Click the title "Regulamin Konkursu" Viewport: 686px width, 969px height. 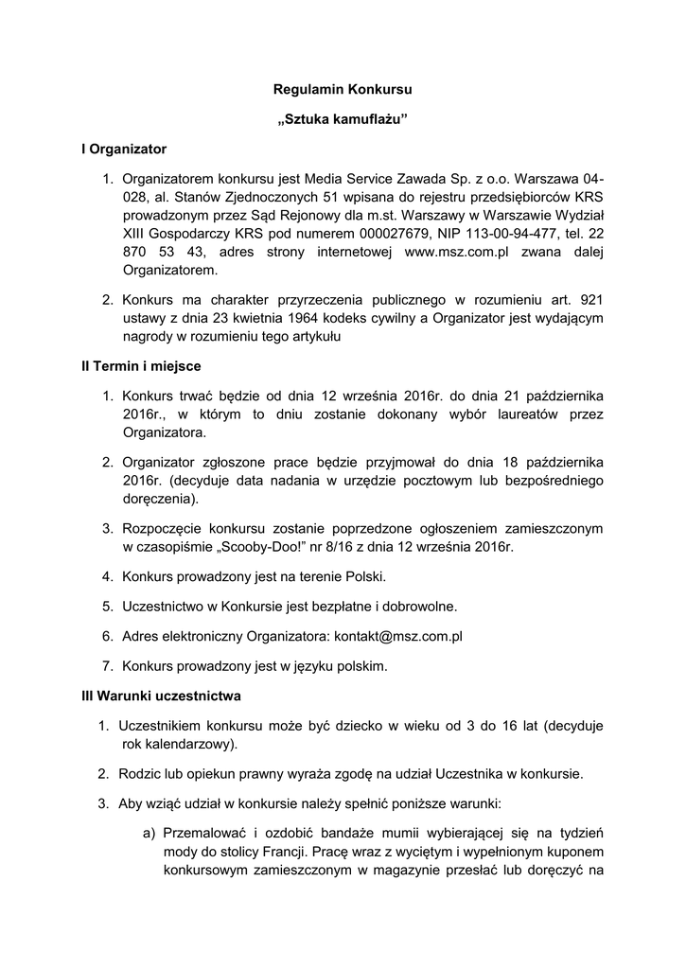click(343, 90)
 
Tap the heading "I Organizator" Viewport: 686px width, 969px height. click(124, 149)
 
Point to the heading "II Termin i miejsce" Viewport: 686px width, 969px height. click(141, 365)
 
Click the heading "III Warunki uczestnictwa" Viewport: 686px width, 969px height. click(161, 696)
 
